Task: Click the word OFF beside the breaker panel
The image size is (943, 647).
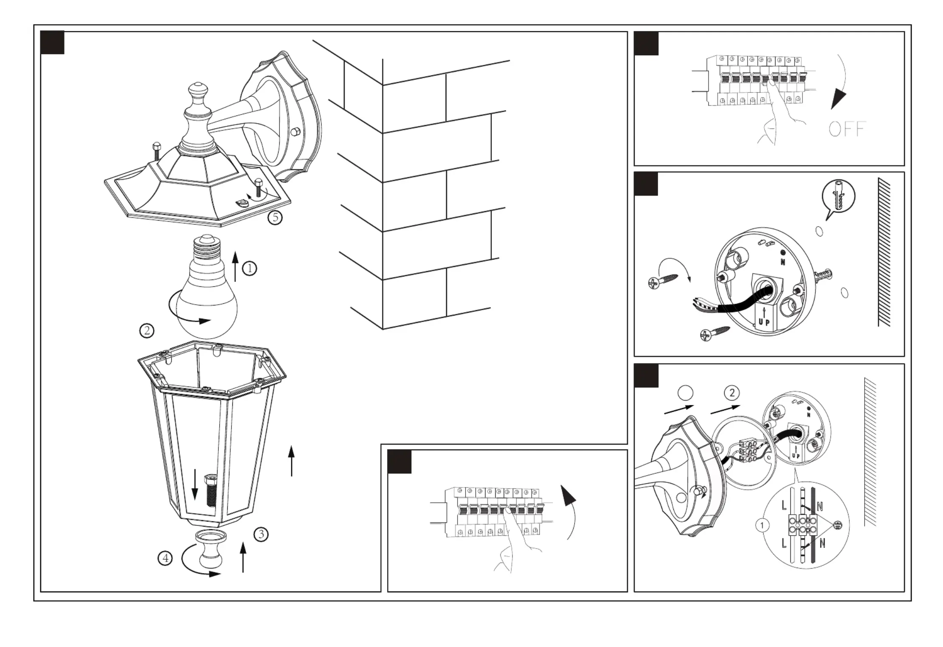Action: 847,129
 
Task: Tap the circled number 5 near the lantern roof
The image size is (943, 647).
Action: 275,217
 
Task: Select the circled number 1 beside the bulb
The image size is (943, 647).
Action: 249,268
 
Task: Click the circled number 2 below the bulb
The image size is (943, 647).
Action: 147,331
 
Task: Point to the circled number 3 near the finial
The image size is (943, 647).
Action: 261,534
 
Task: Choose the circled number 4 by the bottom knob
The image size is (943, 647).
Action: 165,558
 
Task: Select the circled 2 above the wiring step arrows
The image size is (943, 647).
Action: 732,393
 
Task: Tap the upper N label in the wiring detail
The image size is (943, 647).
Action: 820,506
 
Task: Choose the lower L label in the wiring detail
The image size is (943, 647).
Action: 784,543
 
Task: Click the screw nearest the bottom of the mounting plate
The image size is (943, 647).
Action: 715,333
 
